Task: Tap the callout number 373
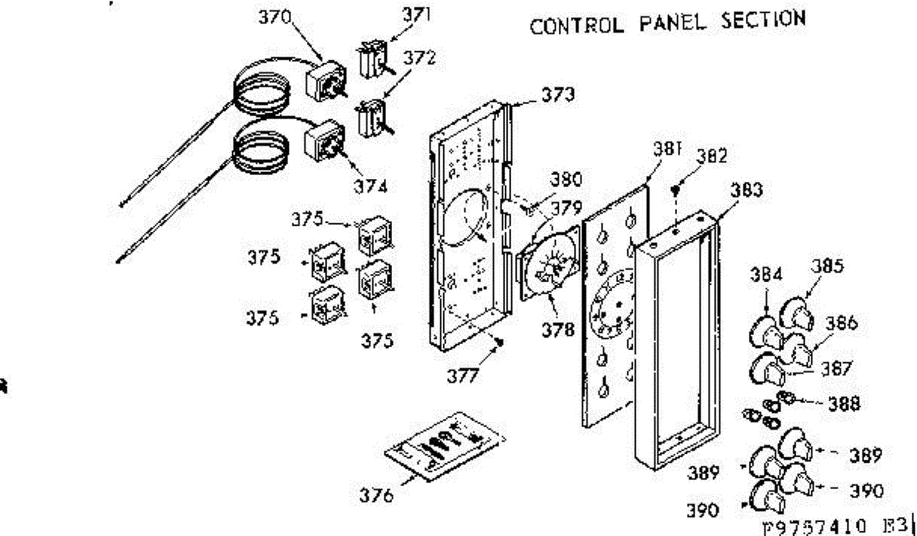(559, 96)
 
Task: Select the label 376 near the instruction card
(377, 495)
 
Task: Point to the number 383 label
(746, 191)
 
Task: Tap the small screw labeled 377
(498, 343)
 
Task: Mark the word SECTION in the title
(762, 19)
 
